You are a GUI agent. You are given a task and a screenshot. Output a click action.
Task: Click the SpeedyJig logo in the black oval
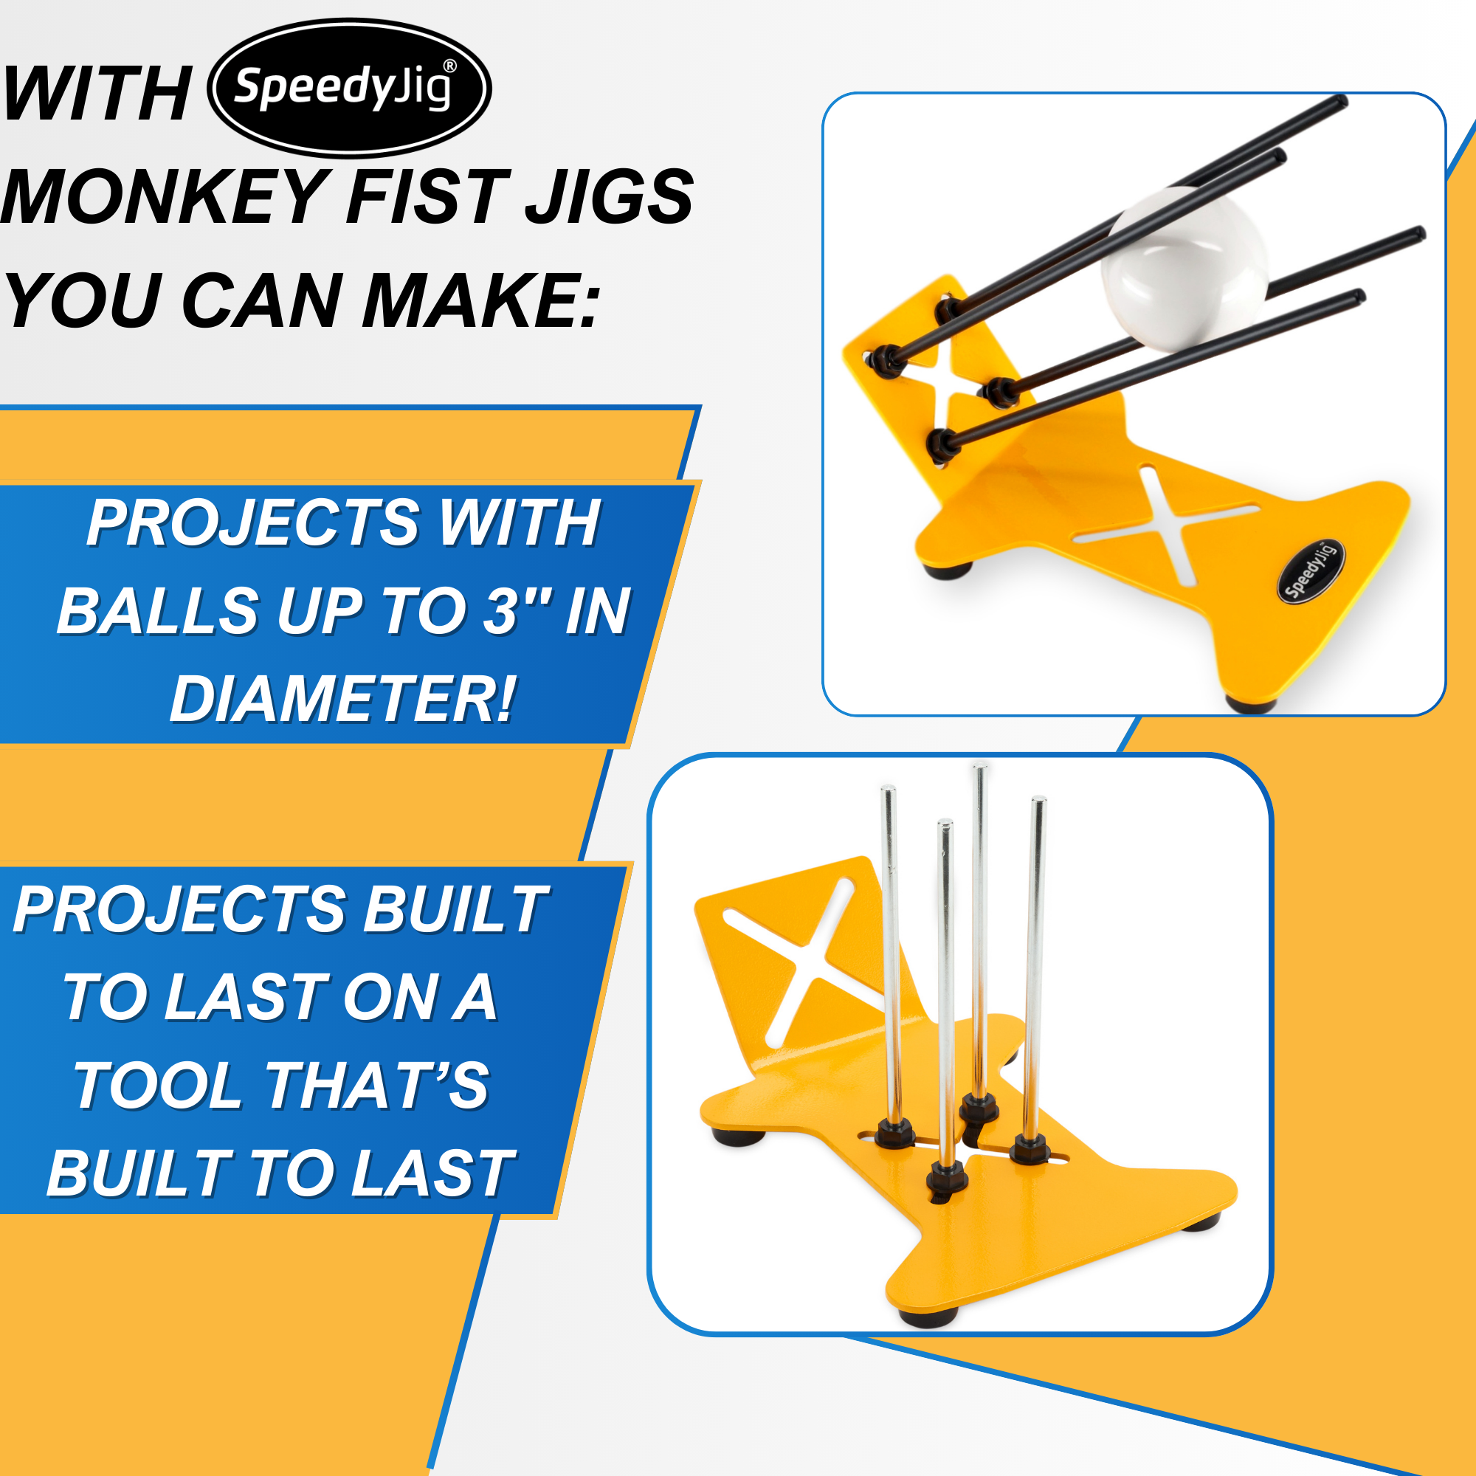[x=349, y=88]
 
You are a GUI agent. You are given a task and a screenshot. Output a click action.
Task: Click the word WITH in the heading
[x=97, y=93]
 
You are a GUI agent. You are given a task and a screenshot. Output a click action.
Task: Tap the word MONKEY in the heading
[x=165, y=196]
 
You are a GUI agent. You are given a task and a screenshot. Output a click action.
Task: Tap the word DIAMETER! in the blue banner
[x=342, y=699]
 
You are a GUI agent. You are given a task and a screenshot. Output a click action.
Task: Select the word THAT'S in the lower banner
[x=376, y=1085]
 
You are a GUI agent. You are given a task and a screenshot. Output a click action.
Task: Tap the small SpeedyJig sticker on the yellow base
[x=1310, y=570]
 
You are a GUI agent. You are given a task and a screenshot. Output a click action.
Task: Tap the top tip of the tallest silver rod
[x=980, y=766]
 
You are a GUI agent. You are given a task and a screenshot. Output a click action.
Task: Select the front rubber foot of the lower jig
[x=928, y=1317]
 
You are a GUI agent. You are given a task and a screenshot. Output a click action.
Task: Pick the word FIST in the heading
[x=428, y=196]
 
